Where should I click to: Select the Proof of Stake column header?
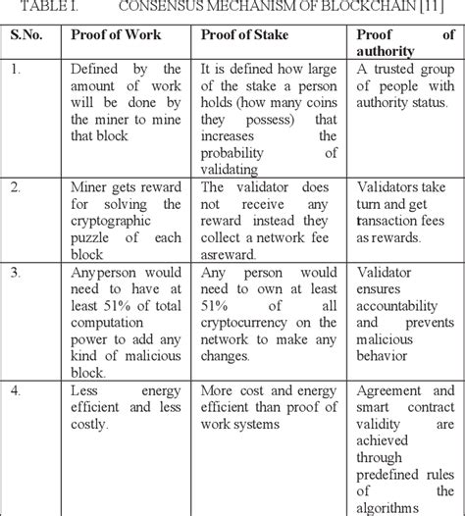241,37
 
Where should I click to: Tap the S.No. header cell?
31,37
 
